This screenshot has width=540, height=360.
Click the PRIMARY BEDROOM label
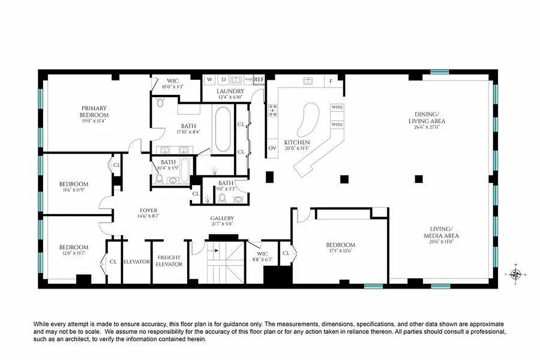94,108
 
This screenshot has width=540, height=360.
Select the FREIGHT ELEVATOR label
169,261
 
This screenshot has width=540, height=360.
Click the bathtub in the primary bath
223,130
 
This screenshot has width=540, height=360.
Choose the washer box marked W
209,80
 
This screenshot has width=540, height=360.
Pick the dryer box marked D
223,80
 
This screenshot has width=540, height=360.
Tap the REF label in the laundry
259,79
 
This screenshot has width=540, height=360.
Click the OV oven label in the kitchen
272,148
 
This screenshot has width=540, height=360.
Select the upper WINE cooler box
337,107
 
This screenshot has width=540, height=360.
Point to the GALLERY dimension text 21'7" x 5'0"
222,224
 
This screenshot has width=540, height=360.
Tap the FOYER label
148,211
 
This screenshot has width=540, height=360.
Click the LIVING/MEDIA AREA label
441,233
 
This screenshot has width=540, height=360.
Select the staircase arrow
216,251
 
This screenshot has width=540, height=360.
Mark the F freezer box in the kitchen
331,81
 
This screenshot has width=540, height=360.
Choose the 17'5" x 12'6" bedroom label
341,251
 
